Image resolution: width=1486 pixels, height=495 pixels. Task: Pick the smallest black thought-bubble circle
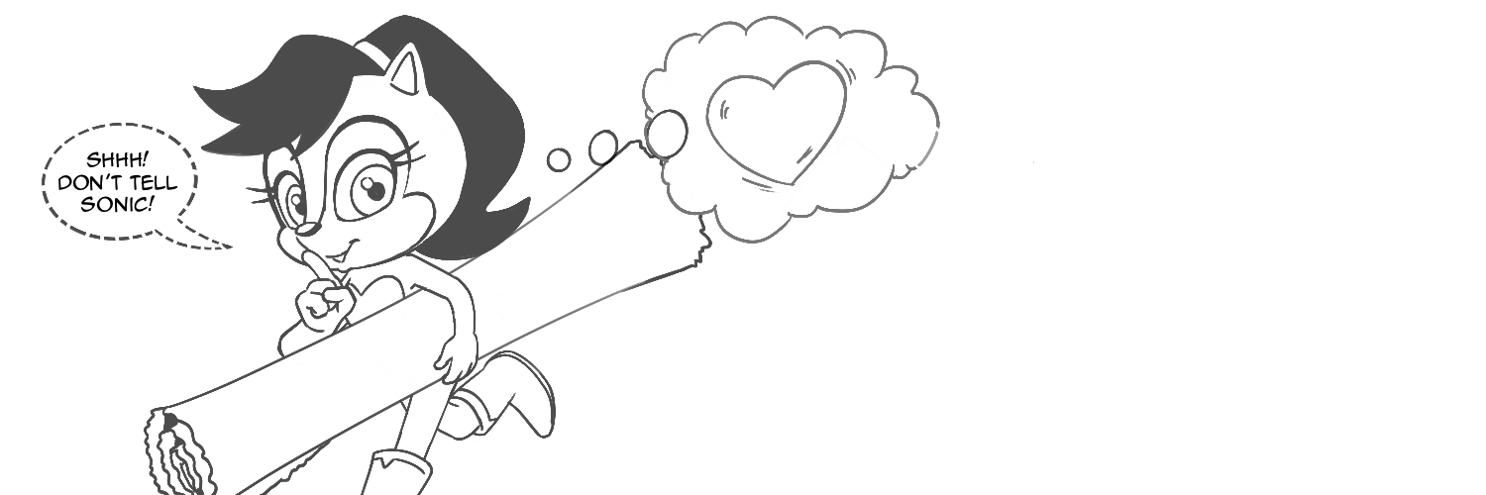(559, 158)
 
